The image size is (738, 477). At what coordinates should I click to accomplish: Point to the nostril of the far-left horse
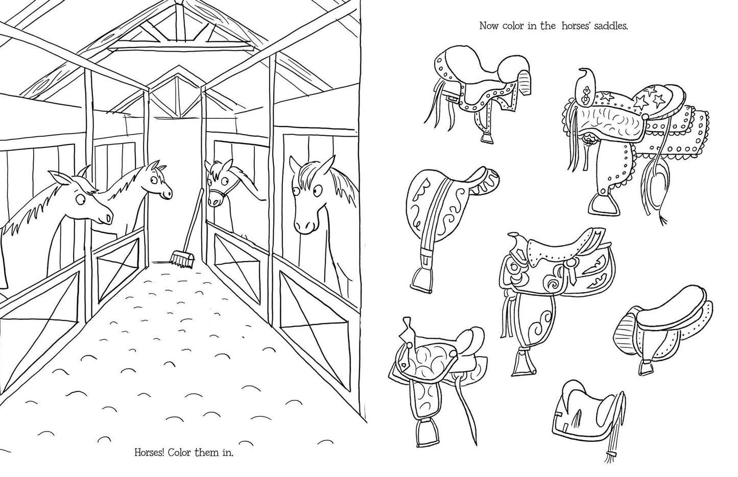click(108, 218)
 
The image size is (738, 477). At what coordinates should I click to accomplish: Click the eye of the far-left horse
click(80, 198)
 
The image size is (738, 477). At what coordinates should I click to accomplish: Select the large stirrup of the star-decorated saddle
click(603, 205)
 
